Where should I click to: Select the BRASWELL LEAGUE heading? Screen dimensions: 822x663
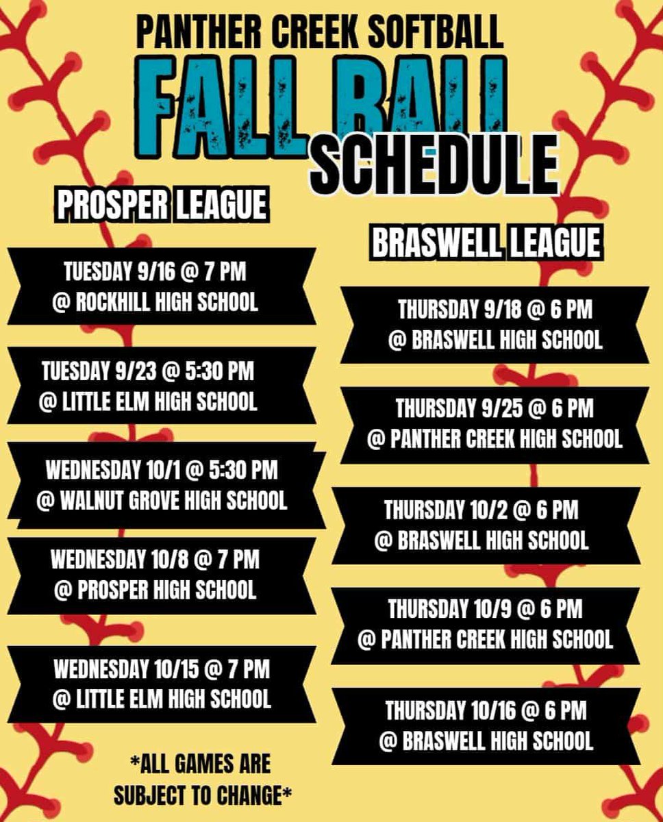(x=486, y=242)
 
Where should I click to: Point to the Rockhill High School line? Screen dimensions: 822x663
(x=155, y=302)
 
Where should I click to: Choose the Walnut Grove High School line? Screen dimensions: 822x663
(x=162, y=500)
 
